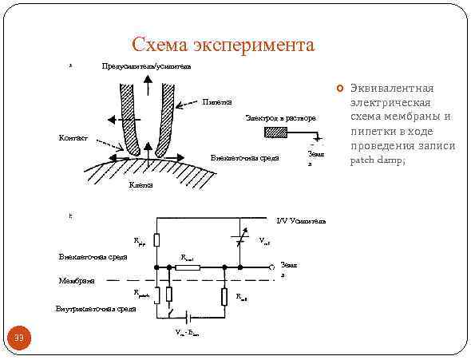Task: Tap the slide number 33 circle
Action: pos(21,339)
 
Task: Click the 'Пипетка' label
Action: pos(217,102)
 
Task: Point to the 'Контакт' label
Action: pos(73,138)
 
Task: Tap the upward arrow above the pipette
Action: pos(148,83)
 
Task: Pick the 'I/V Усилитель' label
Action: pos(301,220)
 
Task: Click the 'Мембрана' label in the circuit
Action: pos(77,281)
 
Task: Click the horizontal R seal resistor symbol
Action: pos(188,267)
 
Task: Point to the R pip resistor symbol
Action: pos(157,239)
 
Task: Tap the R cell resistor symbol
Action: pos(226,297)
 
